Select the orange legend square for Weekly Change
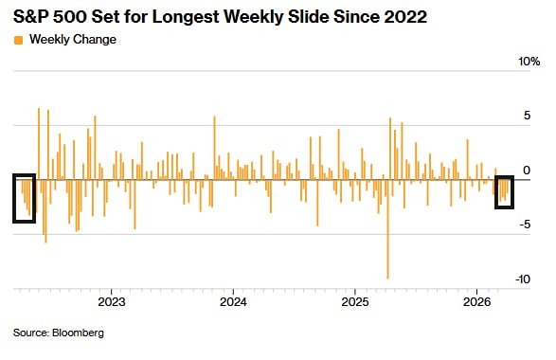point(18,40)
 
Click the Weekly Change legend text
point(73,40)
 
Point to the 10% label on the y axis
point(527,62)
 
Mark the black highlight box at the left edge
point(25,198)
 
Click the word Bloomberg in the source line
point(78,333)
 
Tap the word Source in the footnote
point(30,333)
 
